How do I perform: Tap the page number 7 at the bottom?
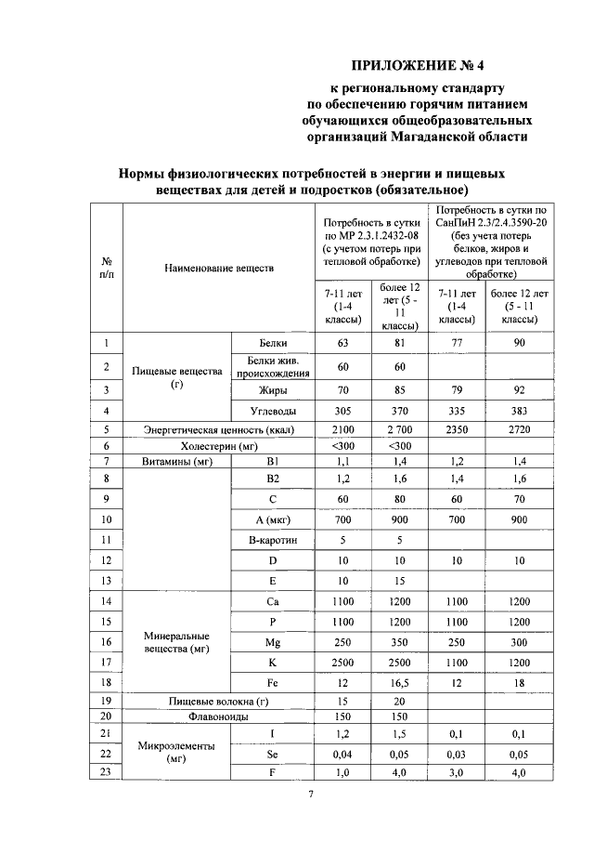311,794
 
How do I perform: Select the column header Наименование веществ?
219,269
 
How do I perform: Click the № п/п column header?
107,269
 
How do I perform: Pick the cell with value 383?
519,410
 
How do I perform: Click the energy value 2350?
455,429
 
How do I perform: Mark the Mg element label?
271,642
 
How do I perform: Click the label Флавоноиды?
219,716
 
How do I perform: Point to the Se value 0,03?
455,753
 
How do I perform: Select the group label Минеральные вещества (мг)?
176,642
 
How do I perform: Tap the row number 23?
107,770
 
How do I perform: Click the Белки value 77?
455,344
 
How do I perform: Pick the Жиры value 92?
519,389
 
